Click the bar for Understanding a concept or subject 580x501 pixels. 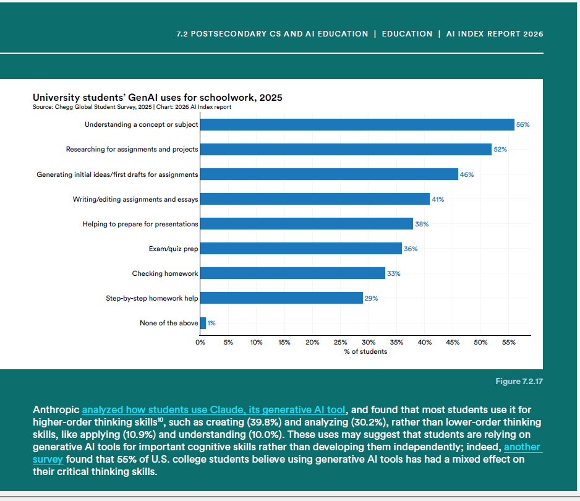tap(357, 124)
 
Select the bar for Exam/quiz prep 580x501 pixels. tap(301, 249)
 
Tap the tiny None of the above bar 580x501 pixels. tap(203, 323)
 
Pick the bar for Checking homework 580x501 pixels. tap(292, 273)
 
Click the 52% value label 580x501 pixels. tap(500, 150)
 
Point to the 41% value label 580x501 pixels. tap(438, 199)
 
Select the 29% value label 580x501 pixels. tap(371, 298)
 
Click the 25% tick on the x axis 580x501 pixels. tap(340, 342)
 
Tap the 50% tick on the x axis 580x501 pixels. tap(480, 342)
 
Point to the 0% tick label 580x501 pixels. tap(200, 342)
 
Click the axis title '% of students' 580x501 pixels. tap(365, 351)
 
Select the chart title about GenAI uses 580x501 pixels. tap(157, 98)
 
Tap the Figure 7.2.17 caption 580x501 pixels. tap(519, 381)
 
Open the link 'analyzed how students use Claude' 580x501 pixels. tap(213, 409)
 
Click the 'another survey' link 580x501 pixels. tap(522, 447)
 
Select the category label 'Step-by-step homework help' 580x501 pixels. tap(152, 298)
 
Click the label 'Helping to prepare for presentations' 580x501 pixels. tap(140, 224)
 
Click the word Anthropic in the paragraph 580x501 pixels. tap(56, 409)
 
